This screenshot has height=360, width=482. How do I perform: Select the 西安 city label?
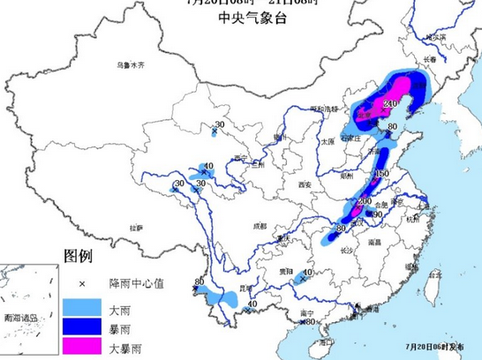pos(305,184)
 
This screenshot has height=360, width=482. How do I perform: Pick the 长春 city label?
pos(430,59)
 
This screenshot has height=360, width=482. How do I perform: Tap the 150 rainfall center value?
pos(381,174)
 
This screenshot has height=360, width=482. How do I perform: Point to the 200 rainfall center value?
pos(364,202)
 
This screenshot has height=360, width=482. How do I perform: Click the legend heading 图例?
pos(78,257)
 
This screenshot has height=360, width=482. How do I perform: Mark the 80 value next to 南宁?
pos(310,322)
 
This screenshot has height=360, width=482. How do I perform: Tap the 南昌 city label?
pos(374,240)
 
